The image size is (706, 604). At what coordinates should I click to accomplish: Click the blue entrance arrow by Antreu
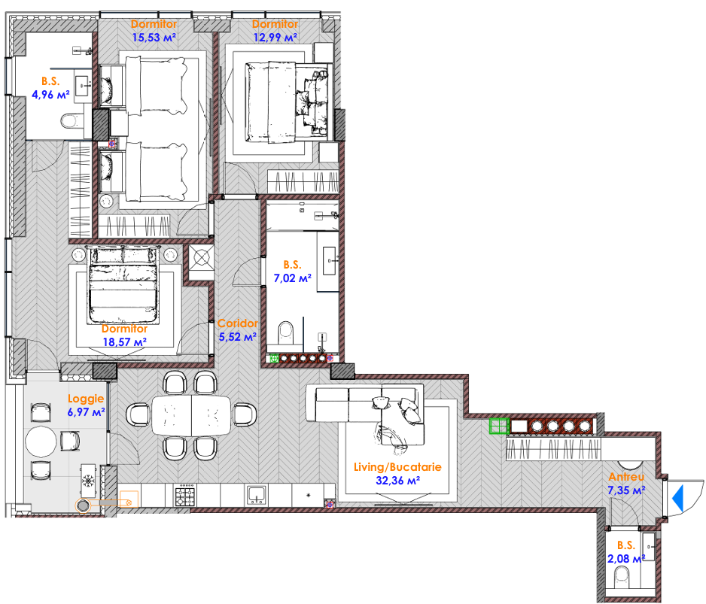(678, 498)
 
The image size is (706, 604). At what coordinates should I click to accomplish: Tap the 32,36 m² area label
(398, 481)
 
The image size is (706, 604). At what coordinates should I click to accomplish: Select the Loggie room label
(86, 399)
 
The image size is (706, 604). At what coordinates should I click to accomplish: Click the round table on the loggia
(41, 442)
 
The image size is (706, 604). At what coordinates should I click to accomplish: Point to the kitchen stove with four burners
(185, 495)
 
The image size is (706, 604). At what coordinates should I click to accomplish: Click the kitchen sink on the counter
(257, 496)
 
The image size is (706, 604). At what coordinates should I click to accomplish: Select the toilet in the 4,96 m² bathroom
(69, 120)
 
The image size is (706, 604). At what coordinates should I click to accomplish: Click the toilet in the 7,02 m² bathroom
(285, 333)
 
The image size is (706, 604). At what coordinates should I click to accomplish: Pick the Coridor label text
(238, 323)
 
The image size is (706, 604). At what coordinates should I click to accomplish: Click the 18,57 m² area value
(125, 342)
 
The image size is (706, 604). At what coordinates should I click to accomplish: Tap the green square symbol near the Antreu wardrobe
(499, 426)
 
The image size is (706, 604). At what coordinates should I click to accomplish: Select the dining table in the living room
(191, 415)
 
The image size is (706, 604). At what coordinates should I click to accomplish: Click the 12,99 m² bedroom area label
(275, 38)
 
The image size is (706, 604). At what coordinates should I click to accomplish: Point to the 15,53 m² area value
(154, 38)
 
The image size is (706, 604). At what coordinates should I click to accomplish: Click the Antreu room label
(626, 477)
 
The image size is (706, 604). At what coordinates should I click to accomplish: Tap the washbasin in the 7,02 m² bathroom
(329, 260)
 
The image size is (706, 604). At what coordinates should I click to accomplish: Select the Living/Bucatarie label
(397, 467)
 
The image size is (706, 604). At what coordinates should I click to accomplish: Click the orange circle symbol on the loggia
(83, 505)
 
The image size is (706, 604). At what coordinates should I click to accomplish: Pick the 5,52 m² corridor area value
(238, 337)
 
